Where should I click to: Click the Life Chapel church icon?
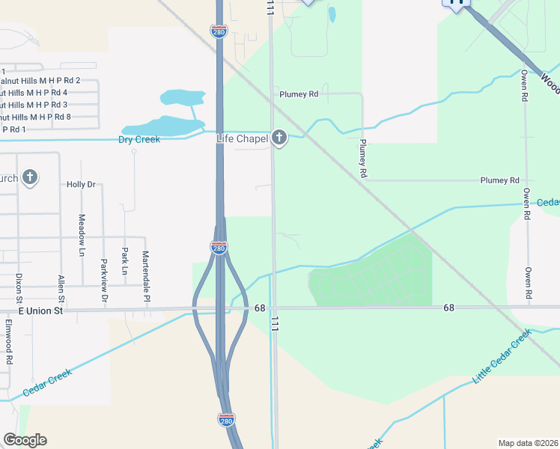click(279, 138)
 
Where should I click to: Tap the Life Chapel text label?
click(242, 138)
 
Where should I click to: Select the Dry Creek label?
click(140, 140)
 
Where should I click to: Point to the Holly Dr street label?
click(81, 184)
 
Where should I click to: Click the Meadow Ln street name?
click(82, 235)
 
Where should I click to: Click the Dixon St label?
click(19, 288)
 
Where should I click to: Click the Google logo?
click(25, 440)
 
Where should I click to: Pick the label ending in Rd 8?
click(36, 117)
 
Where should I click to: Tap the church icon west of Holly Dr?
click(29, 177)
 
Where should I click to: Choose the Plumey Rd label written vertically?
click(363, 158)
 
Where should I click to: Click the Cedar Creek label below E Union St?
click(47, 382)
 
